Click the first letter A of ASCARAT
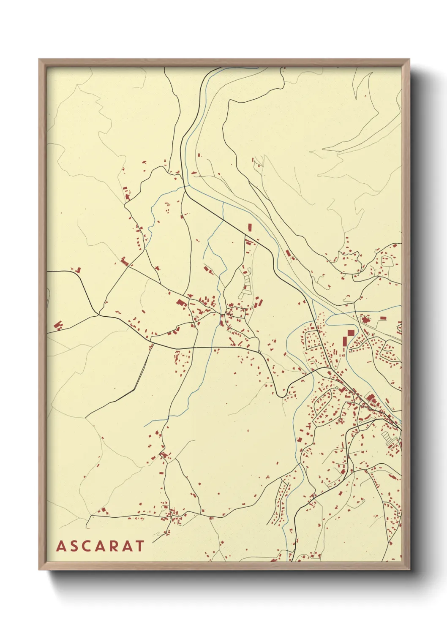[61, 546]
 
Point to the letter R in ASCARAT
[114, 546]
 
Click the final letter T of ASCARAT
[139, 546]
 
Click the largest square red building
[351, 333]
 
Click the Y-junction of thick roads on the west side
[98, 314]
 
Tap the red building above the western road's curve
[78, 269]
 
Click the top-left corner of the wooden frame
[39, 60]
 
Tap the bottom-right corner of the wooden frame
[409, 569]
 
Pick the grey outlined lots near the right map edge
[387, 437]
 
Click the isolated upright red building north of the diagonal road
[249, 227]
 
